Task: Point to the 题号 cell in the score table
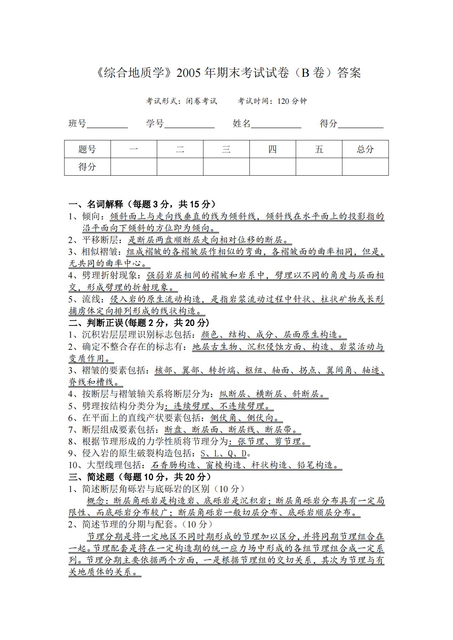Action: coord(87,149)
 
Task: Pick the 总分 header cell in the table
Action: coord(365,149)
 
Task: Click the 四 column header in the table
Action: coord(273,149)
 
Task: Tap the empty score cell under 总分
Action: coord(365,167)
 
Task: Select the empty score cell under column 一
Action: coord(134,167)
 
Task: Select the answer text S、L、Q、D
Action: coord(223,453)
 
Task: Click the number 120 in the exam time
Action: coord(284,101)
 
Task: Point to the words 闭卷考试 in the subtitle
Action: coord(201,101)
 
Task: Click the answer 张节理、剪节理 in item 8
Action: coord(269,441)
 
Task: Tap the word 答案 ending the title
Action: coord(349,72)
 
